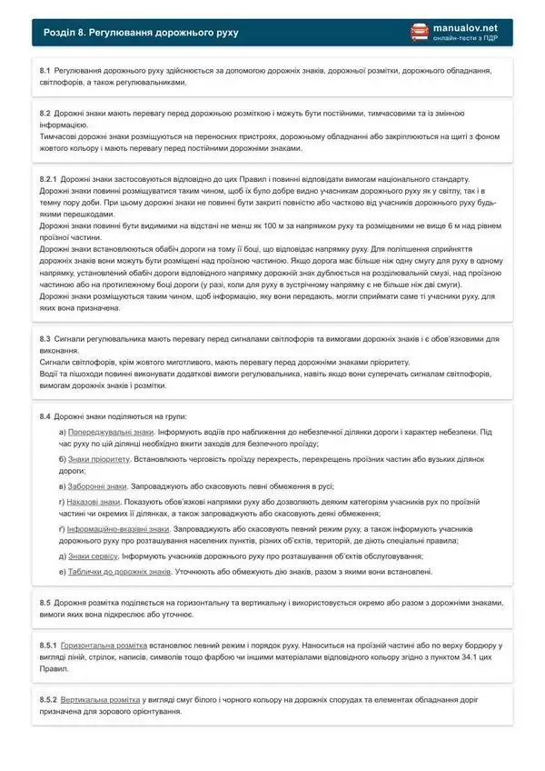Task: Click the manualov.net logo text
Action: coord(472,28)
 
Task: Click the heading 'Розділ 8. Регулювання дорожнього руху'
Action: coord(141,33)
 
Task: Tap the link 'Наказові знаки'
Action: coord(94,501)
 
